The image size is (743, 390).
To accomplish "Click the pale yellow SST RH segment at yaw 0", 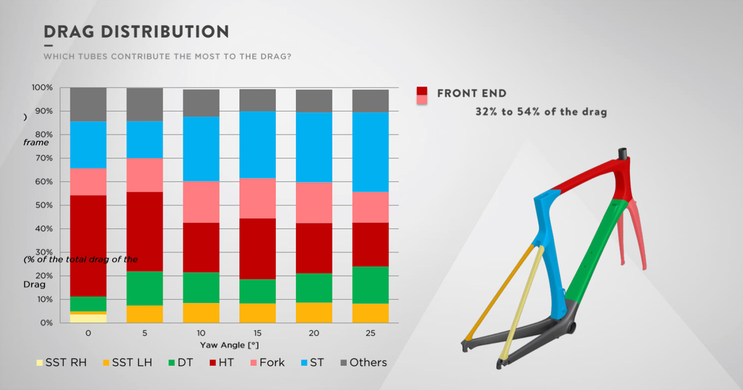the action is pos(88,319).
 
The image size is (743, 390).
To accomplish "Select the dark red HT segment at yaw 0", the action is pos(88,246).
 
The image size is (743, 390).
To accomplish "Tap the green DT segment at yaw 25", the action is pos(370,285).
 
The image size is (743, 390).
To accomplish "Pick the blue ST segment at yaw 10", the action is pos(201,149).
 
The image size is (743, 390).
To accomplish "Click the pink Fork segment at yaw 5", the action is pos(144,175).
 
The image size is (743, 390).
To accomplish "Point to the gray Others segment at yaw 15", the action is pos(257,100).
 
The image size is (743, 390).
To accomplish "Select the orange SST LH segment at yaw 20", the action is pos(314,313).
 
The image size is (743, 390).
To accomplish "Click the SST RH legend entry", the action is pos(61,363).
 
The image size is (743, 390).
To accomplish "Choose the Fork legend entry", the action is pos(267,363).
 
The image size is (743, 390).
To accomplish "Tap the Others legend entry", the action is pos(364,363).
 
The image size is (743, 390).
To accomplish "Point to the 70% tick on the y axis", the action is pos(44,158).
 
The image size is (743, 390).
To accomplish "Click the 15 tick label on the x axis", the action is pos(257,333).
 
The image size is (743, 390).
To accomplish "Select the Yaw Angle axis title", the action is pos(229,345).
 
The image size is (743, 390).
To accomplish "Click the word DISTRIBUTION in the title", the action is pos(165,32).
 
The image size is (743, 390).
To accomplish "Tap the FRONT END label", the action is pos(472,93).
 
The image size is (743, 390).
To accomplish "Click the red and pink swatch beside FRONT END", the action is pos(422,96).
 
